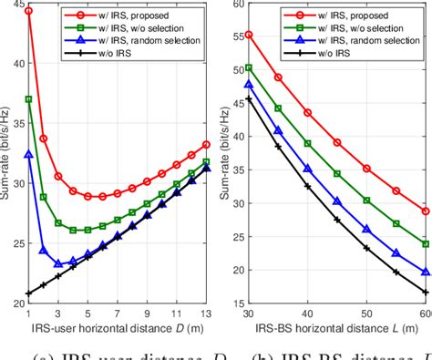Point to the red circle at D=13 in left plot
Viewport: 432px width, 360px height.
click(x=207, y=144)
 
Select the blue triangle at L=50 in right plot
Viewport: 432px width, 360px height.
click(x=366, y=230)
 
